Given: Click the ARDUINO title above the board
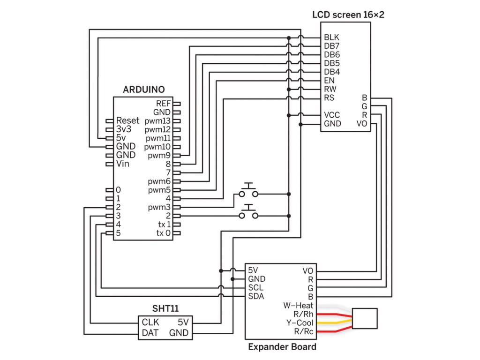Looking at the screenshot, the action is coord(144,90).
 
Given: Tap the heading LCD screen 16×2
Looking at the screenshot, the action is coord(348,15).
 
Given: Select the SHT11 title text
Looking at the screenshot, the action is coord(165,308).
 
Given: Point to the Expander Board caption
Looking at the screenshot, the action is coord(282,347).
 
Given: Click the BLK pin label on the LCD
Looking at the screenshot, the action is coord(331,37).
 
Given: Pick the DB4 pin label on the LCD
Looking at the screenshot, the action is coord(332,72).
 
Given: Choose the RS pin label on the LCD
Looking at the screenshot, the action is coord(329,97).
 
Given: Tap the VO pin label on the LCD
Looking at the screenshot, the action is coord(362,124).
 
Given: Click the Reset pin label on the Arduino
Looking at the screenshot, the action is coord(127,120).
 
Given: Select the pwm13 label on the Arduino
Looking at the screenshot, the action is coord(157,121).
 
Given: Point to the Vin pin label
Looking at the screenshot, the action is coord(123,164).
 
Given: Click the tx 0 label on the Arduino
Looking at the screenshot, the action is coord(163,233).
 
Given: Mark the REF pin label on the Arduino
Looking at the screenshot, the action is coord(163,104).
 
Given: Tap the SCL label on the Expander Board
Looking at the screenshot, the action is coord(255,288).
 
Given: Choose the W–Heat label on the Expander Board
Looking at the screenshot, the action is coord(298,306).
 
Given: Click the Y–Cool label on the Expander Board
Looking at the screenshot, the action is coord(300,322).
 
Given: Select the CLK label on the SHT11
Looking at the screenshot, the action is coord(150,322).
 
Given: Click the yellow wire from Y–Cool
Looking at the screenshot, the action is coord(335,322).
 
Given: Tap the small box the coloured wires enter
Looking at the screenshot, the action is coord(365,319).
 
